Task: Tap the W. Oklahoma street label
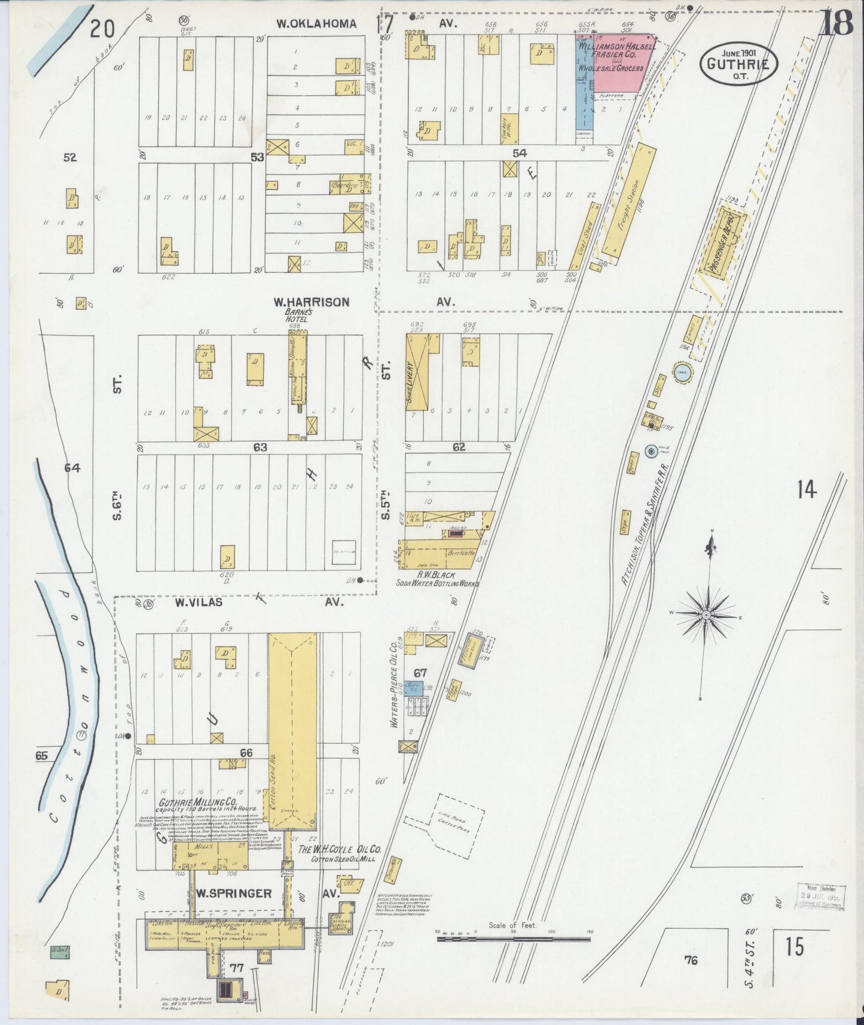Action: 316,24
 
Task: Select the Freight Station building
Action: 628,197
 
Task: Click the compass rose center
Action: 706,615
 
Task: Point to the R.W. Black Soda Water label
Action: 437,578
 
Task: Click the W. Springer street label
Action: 231,893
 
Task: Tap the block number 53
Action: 257,157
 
